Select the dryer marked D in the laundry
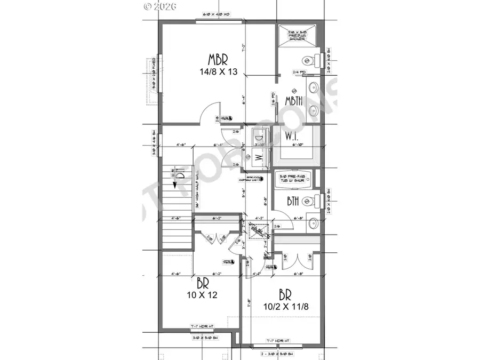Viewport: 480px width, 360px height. coord(256,136)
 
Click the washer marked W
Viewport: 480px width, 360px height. coord(256,158)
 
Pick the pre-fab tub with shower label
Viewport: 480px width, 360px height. coord(294,179)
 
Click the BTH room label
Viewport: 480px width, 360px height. coord(293,201)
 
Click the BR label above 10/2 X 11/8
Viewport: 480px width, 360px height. coord(284,294)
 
